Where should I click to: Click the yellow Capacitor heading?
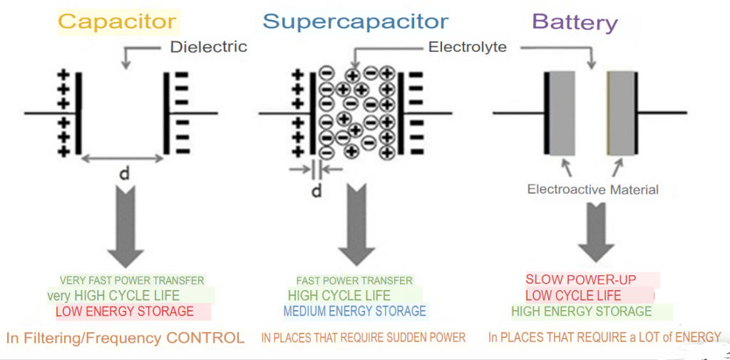tap(118, 21)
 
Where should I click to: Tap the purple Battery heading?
tap(575, 22)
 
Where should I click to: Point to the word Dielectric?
tap(209, 46)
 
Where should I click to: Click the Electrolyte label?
tap(468, 47)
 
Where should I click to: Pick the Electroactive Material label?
tap(593, 190)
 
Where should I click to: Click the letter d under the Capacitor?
tap(125, 174)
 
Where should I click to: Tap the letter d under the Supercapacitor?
tap(317, 190)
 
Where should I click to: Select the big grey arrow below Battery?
tap(593, 231)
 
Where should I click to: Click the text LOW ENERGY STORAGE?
tap(125, 311)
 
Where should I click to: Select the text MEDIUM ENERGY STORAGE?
tap(355, 311)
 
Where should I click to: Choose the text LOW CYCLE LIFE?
tap(573, 295)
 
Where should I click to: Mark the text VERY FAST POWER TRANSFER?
tap(132, 280)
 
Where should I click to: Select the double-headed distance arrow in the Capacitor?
tap(122, 159)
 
